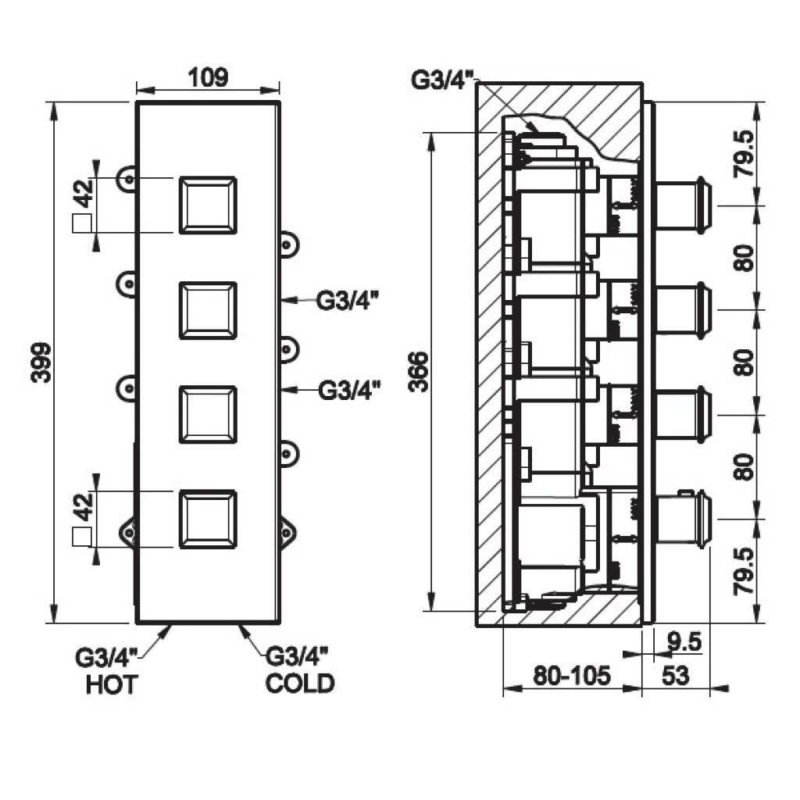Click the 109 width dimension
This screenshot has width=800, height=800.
coord(208,77)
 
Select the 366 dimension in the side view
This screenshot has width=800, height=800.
coord(419,371)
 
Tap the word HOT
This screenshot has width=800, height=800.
coord(112,684)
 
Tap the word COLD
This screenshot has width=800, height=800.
coord(300,684)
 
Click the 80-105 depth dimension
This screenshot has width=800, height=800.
coord(571,676)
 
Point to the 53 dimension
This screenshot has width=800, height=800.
coord(676,676)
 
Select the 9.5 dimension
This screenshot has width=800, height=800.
coord(684,642)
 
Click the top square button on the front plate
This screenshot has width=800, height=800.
coord(208,205)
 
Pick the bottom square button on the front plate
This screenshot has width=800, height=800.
coord(208,520)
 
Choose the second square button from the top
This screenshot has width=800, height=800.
coord(208,310)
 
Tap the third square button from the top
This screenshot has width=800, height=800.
coord(208,415)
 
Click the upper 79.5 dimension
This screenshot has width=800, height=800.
coord(744,154)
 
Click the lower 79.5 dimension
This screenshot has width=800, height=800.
coord(744,571)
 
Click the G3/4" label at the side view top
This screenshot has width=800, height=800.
coord(443,80)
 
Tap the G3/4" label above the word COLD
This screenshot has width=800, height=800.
coord(297,656)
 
